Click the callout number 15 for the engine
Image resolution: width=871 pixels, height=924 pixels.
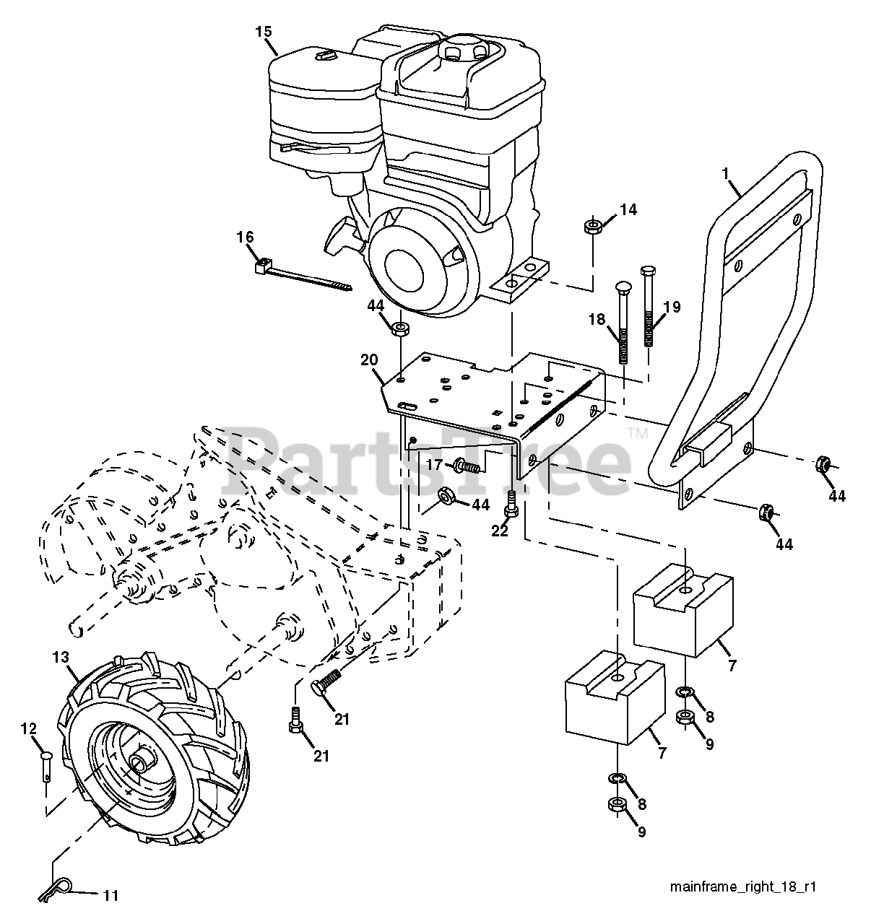click(263, 31)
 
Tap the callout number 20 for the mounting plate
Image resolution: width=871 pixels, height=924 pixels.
click(369, 359)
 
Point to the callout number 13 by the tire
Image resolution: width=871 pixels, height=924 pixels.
click(60, 657)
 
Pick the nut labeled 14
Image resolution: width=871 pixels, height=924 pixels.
click(592, 227)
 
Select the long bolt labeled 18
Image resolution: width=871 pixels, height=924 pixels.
click(621, 318)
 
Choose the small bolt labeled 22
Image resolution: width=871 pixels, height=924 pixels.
click(512, 502)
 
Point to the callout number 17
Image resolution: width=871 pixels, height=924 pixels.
click(433, 465)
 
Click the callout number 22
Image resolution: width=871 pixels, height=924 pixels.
click(499, 531)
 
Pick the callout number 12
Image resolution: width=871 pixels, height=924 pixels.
click(28, 729)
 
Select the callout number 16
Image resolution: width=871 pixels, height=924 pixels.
click(245, 236)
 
